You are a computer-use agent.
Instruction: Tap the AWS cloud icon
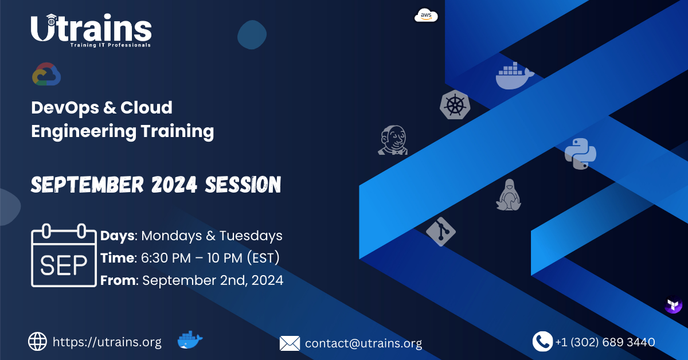pos(426,16)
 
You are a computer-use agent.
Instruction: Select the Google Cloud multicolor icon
pos(46,75)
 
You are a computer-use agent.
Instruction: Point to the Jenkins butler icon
pos(393,140)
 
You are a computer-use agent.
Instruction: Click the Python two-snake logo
pos(580,153)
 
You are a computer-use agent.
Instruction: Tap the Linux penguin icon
pos(508,195)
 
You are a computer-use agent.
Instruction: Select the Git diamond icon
pos(440,232)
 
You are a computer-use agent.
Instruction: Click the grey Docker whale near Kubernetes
pos(514,77)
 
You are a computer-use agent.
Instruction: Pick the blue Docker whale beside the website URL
pos(190,341)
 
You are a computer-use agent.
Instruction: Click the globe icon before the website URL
pos(38,342)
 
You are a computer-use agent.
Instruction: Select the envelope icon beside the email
pos(290,343)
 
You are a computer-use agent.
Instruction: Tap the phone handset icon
pos(542,342)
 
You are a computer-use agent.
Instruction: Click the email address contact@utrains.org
pos(363,343)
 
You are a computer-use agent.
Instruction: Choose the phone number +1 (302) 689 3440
pos(605,342)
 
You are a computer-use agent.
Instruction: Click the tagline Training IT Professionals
pos(110,45)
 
